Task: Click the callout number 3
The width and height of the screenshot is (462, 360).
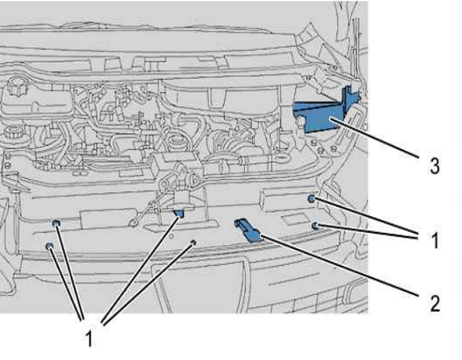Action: (435, 166)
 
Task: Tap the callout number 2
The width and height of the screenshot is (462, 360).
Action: (435, 303)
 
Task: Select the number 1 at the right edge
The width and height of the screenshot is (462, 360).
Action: (435, 240)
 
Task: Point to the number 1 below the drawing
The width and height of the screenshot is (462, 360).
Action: (89, 339)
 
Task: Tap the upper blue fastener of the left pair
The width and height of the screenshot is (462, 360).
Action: (56, 224)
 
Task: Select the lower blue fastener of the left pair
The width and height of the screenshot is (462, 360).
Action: (50, 246)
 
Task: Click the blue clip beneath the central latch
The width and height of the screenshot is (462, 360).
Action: (179, 213)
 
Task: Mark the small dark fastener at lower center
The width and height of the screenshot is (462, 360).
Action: (193, 242)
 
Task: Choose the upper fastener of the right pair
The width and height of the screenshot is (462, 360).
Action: (311, 198)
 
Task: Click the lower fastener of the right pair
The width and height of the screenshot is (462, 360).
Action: (315, 226)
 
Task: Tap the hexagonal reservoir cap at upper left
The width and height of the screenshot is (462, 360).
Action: (14, 85)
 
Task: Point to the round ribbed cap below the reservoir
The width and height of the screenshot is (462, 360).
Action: (13, 136)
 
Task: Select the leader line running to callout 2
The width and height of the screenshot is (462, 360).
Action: (340, 265)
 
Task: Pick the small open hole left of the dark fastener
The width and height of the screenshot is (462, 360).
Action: (170, 236)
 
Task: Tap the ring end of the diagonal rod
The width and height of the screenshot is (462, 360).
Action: (134, 222)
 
